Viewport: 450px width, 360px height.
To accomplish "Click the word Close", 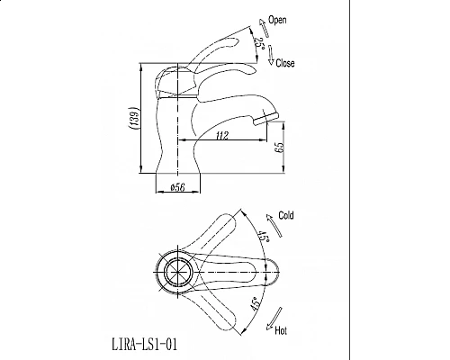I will coord(283,64).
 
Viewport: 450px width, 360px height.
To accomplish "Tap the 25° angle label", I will coord(259,41).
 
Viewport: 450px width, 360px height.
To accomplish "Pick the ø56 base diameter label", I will coord(177,188).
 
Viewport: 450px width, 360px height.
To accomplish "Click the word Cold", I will coord(286,217).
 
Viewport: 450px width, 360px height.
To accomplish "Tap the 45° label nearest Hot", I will coord(256,303).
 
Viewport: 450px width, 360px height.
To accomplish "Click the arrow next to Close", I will coord(269,58).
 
